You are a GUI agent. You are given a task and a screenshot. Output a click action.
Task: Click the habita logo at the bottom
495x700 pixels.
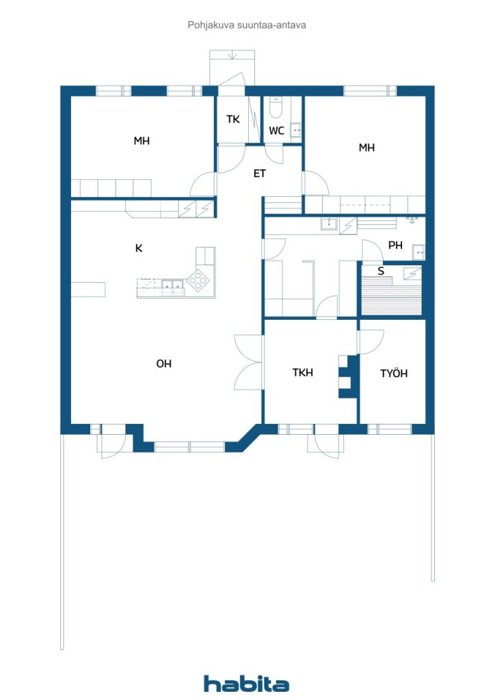[247, 683]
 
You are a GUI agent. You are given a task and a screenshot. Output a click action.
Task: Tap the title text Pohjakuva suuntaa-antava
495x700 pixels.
[247, 25]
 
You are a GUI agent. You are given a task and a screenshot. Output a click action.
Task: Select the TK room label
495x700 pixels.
[233, 119]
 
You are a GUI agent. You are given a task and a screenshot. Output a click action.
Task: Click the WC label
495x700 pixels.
[276, 130]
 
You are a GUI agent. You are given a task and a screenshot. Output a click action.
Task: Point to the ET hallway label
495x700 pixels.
[260, 174]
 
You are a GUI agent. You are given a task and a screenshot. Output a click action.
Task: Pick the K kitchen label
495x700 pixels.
[139, 248]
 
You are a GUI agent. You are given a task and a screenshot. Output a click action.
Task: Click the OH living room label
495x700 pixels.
[163, 364]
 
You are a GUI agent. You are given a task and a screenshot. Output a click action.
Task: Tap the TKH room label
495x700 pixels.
[303, 373]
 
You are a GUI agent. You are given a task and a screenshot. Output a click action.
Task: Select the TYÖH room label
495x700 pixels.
[394, 373]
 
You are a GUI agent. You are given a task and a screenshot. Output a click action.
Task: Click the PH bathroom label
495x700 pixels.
[395, 245]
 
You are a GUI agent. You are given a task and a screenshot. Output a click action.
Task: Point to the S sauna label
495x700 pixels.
[382, 271]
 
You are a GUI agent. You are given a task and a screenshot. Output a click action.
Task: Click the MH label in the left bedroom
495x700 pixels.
[142, 142]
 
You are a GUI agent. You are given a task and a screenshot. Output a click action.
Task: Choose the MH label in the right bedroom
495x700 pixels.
[367, 147]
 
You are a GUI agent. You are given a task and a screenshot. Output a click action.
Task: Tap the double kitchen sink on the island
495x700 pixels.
[172, 285]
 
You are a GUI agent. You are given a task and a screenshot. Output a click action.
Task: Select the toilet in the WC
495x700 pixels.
[276, 107]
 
